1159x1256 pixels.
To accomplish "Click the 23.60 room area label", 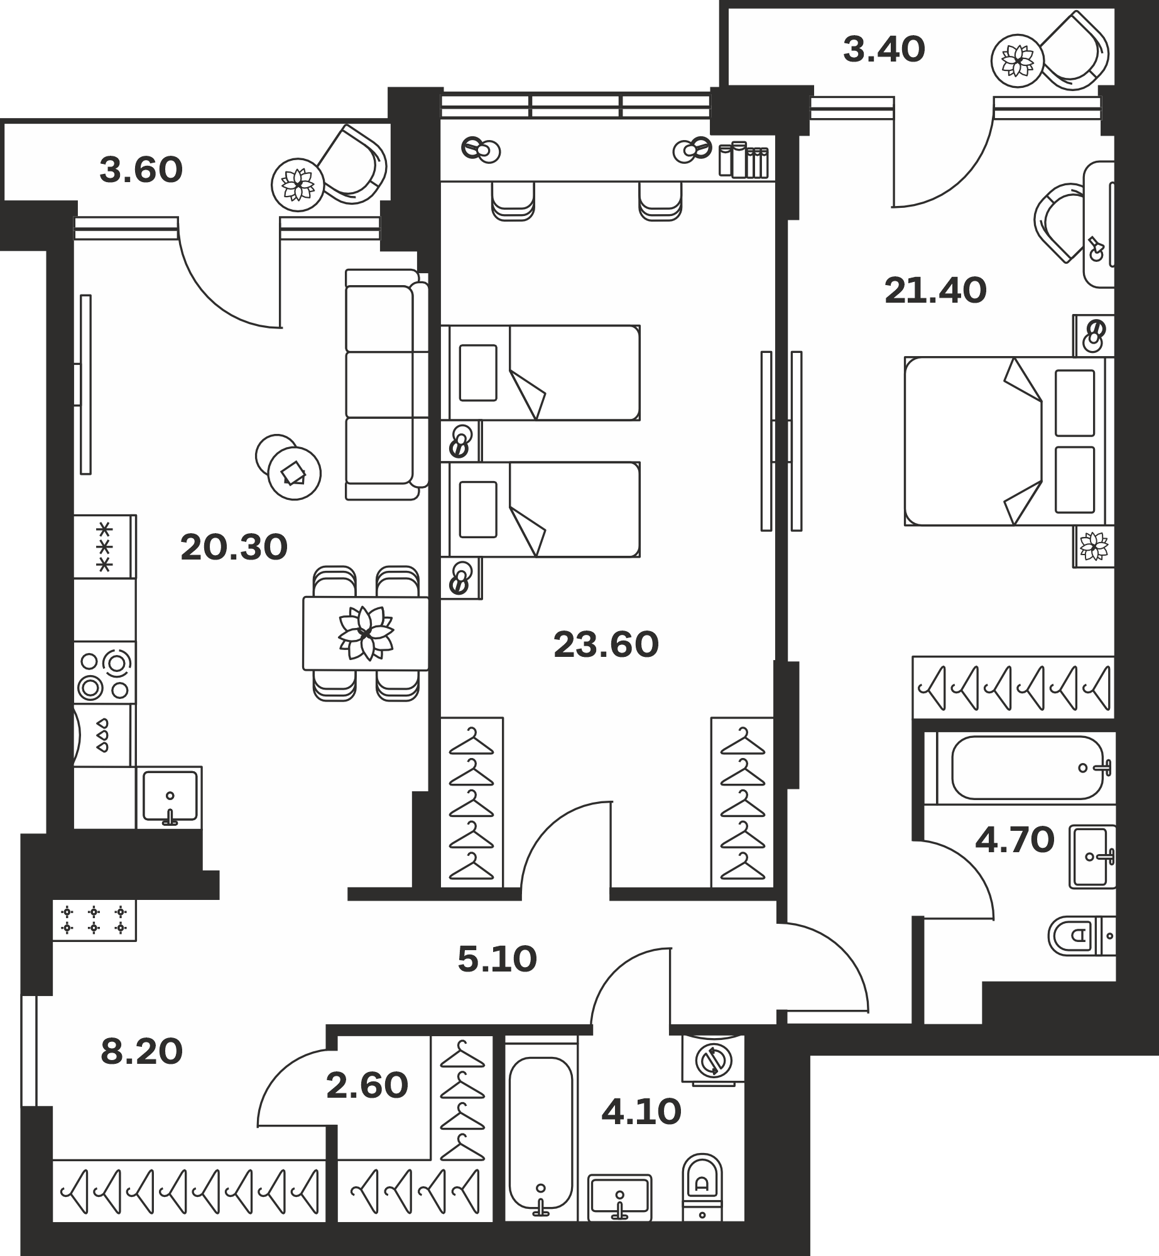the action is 606,645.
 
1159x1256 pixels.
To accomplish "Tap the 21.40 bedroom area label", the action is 935,291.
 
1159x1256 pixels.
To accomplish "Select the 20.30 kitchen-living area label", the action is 234,547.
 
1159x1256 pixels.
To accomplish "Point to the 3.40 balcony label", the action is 884,50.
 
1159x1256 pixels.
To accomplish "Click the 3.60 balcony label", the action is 141,170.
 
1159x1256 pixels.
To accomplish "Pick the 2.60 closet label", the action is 367,1086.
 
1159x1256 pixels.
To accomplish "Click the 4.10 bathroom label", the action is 641,1112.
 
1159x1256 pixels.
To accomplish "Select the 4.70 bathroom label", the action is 1015,840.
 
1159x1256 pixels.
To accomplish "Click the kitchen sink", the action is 170,798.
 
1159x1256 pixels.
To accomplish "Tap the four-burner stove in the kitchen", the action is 105,672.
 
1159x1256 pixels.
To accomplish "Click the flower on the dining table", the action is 366,633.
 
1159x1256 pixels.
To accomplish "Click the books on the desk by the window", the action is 744,160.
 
